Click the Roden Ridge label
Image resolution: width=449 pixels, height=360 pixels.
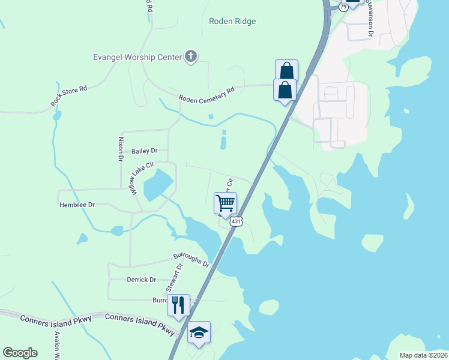pyautogui.click(x=232, y=22)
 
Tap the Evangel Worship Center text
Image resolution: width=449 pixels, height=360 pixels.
pyautogui.click(x=137, y=58)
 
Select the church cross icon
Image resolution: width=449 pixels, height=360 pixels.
pyautogui.click(x=191, y=57)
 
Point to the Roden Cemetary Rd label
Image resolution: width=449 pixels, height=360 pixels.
pyautogui.click(x=206, y=93)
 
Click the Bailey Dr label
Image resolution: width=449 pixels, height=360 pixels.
pyautogui.click(x=144, y=151)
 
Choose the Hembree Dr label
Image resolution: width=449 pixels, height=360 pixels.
pyautogui.click(x=77, y=205)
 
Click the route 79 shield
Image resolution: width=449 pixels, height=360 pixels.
pyautogui.click(x=343, y=7)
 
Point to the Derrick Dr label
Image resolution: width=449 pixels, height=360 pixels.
pyautogui.click(x=141, y=280)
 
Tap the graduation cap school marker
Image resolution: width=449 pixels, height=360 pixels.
pyautogui.click(x=199, y=332)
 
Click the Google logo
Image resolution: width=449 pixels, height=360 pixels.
pyautogui.click(x=20, y=353)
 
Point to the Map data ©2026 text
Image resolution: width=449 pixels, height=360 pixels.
pyautogui.click(x=423, y=355)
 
